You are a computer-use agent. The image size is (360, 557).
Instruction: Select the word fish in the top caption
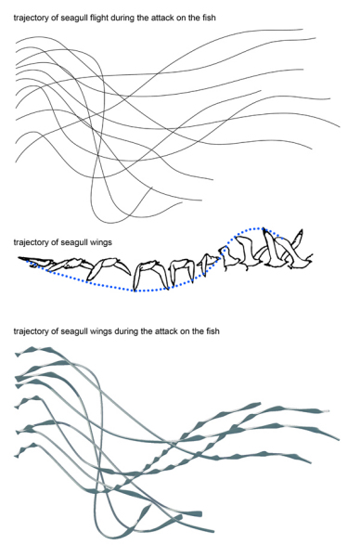click(209, 18)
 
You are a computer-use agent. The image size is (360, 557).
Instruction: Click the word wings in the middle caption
click(101, 242)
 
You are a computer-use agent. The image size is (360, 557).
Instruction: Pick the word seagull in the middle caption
click(74, 242)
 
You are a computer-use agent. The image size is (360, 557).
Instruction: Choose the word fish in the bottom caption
click(212, 331)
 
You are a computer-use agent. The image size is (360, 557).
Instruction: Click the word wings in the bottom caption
click(101, 331)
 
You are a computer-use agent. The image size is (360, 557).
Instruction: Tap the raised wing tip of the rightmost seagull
click(302, 230)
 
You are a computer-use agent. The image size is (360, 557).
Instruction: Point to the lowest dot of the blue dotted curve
click(135, 291)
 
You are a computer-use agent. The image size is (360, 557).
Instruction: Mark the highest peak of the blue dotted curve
click(261, 228)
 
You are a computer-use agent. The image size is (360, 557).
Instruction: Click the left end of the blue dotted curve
click(27, 260)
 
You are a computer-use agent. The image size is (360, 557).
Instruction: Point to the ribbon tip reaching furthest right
click(339, 440)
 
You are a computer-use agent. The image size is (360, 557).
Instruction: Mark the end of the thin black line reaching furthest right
click(340, 126)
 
